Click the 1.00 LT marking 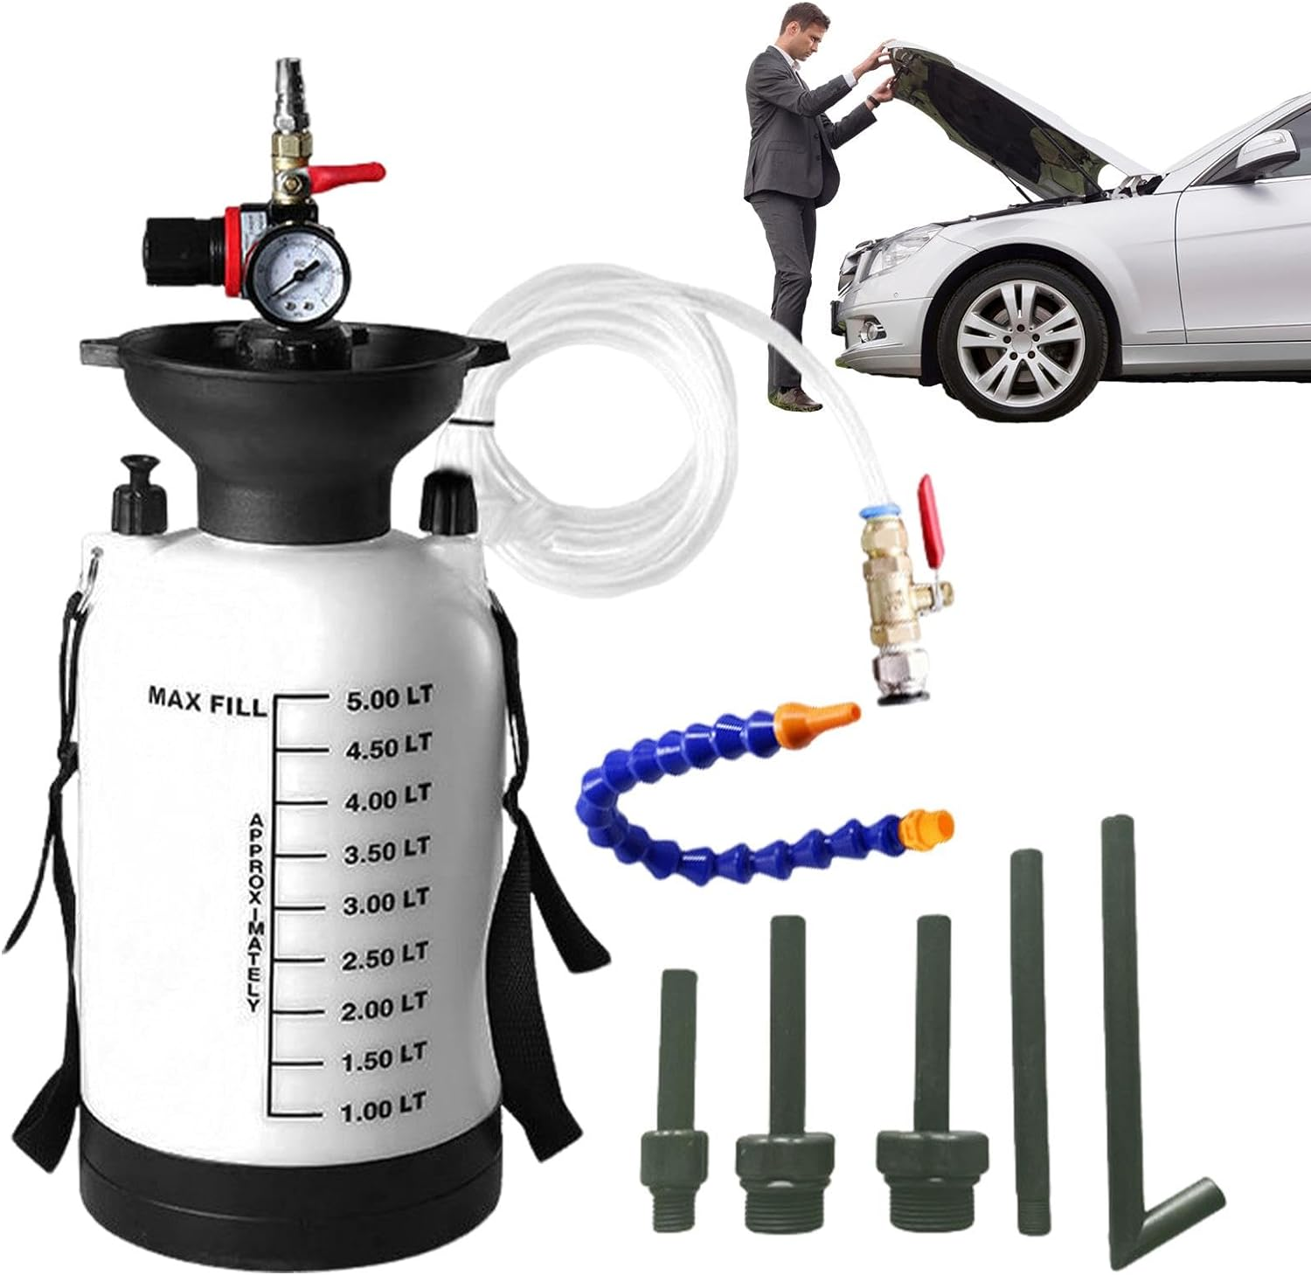pos(383,1111)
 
